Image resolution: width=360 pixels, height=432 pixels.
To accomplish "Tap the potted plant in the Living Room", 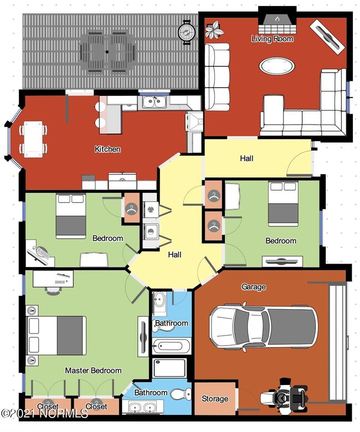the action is [x=214, y=29].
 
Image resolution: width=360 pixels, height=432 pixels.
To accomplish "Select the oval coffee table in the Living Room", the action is [x=277, y=66].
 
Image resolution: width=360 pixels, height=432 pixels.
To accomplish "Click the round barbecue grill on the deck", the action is [x=187, y=32].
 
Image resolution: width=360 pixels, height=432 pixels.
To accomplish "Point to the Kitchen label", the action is [x=107, y=149].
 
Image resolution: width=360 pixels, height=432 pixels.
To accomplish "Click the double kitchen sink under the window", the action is [x=154, y=102].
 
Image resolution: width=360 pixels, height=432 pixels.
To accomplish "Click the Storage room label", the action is [x=215, y=398].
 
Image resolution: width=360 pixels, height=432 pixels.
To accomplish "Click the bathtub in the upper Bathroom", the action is [x=171, y=346].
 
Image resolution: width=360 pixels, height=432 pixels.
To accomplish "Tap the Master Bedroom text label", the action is [x=93, y=371].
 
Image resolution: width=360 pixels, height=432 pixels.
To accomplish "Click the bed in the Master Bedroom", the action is [x=56, y=336].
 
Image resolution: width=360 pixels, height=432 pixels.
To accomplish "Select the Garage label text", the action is [x=254, y=287].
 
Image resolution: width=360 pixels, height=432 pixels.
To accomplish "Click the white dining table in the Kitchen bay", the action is [x=33, y=140].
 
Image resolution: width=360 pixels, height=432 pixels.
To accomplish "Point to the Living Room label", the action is [x=272, y=39].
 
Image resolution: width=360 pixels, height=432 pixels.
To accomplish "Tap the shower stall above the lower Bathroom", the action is [x=169, y=368].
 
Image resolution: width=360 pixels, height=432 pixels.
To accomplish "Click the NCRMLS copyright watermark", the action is [x=44, y=413].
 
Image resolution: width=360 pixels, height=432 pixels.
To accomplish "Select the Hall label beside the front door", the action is [x=246, y=158].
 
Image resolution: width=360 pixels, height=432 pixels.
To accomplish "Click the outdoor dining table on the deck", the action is [x=107, y=52].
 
